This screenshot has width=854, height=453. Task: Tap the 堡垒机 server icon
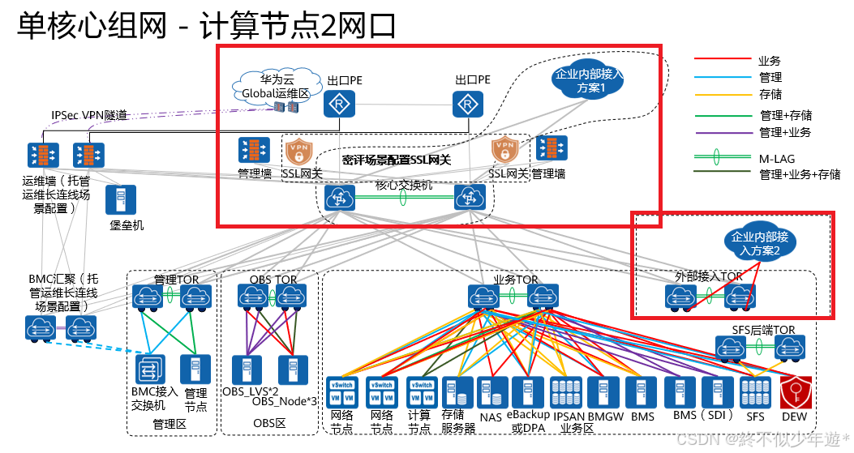121,200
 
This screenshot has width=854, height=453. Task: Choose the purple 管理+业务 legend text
785,132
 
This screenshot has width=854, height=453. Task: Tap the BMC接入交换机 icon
149,370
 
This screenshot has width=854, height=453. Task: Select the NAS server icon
490,393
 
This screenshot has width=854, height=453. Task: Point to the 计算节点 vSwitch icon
420,393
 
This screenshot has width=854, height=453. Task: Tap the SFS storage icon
755,393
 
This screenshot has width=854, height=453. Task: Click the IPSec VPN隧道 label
89,116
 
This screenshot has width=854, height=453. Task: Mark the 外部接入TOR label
708,276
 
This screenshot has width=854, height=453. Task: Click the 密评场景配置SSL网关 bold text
396,160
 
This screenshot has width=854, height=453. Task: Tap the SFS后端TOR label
763,330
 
